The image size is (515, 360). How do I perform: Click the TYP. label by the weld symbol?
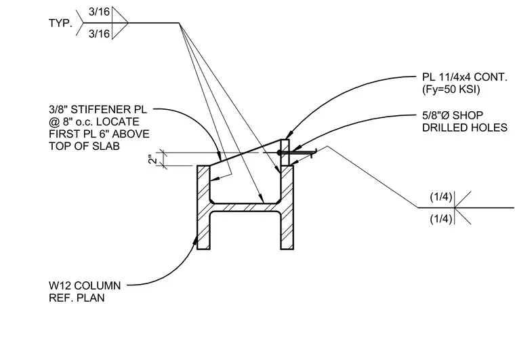(60, 23)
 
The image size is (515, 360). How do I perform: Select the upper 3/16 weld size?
(99, 12)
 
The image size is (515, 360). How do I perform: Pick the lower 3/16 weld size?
(99, 34)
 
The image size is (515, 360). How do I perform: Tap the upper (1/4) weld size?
(441, 197)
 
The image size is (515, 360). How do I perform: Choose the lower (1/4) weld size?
(441, 219)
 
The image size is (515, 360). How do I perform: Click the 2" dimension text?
(152, 159)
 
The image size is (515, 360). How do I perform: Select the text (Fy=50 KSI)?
(451, 89)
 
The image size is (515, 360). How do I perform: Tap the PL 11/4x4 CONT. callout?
(465, 77)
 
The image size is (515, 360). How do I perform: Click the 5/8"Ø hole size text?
(436, 116)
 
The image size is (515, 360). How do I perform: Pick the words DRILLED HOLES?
(465, 127)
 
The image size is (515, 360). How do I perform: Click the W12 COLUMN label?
(85, 285)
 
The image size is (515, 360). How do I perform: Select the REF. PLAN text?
(77, 298)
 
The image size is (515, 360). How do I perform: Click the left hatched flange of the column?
(203, 207)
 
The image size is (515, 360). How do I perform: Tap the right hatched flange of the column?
(287, 207)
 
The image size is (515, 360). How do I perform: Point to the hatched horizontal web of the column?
(245, 207)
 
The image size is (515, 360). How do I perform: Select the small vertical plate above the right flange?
(285, 152)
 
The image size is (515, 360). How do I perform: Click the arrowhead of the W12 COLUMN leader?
(196, 241)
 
